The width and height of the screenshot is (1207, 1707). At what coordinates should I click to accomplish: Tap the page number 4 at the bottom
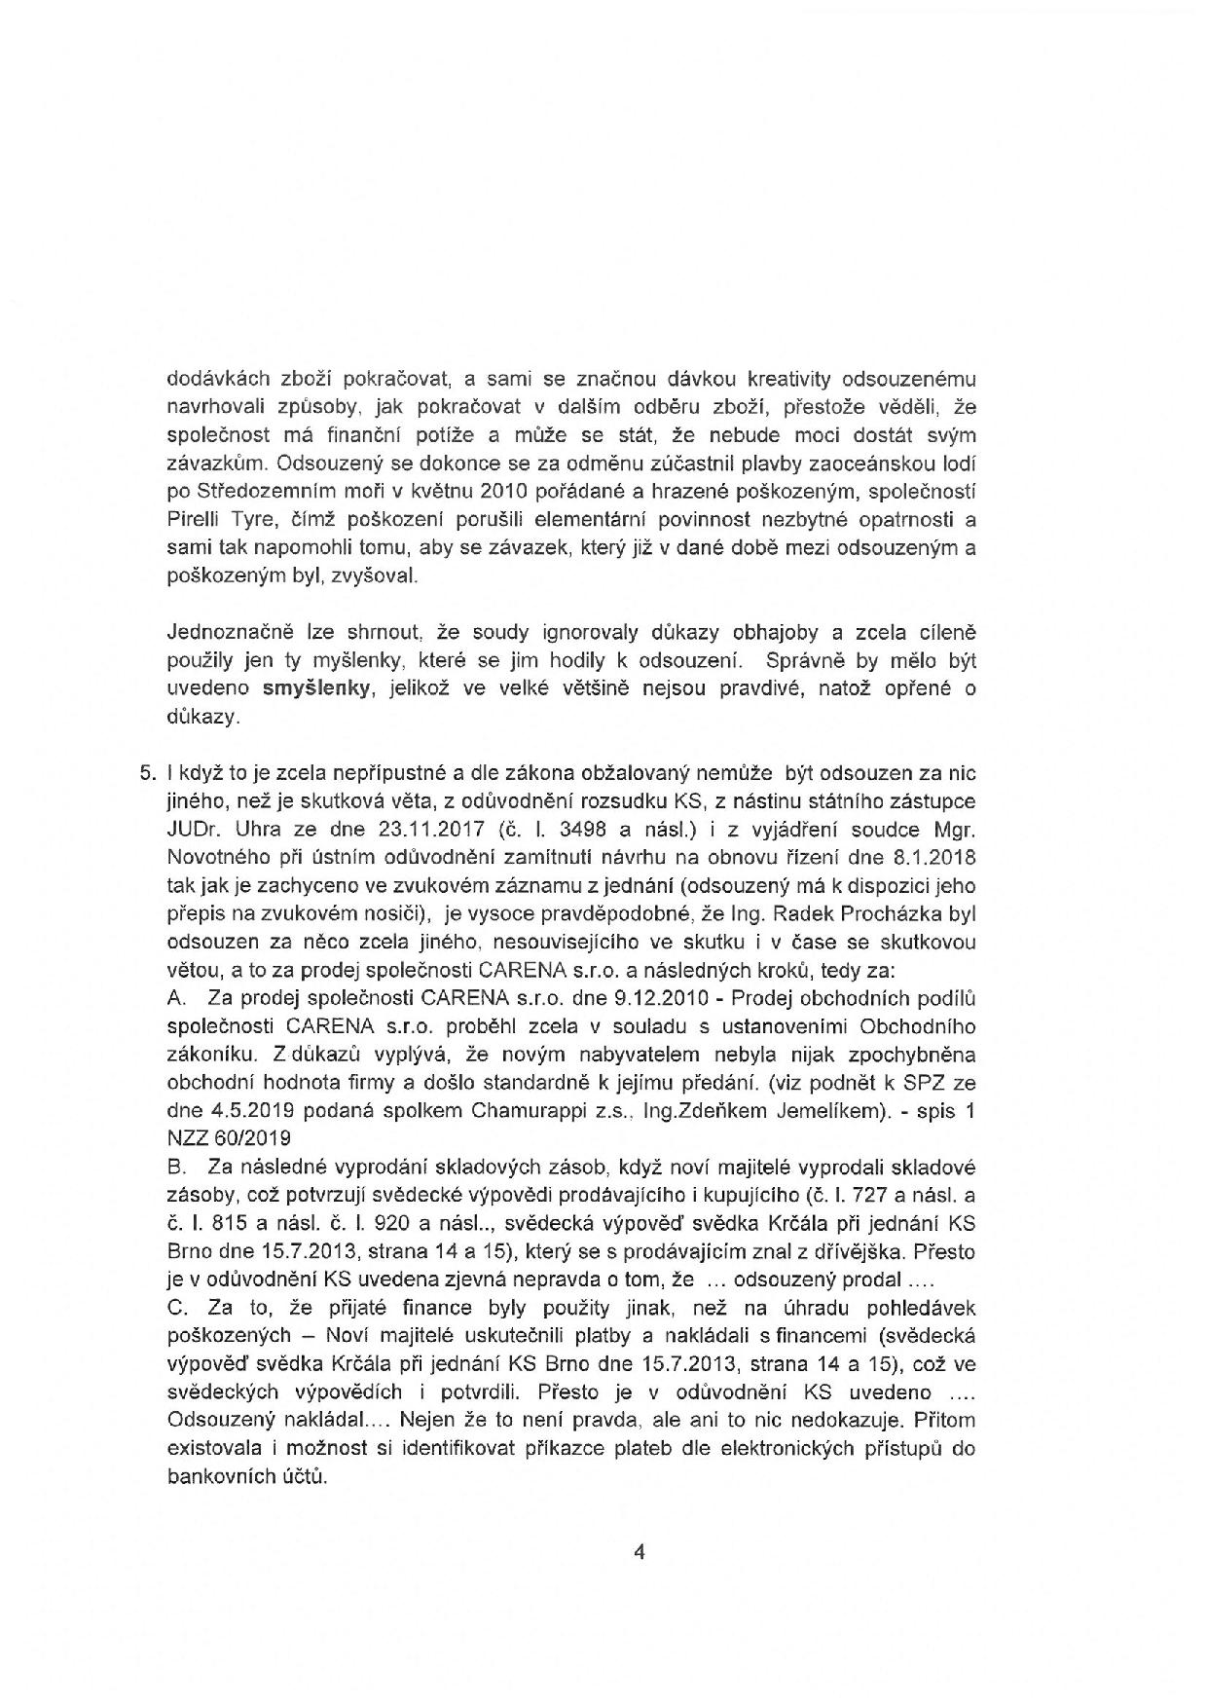click(x=639, y=1553)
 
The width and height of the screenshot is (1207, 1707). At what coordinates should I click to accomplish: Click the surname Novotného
click(x=224, y=859)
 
